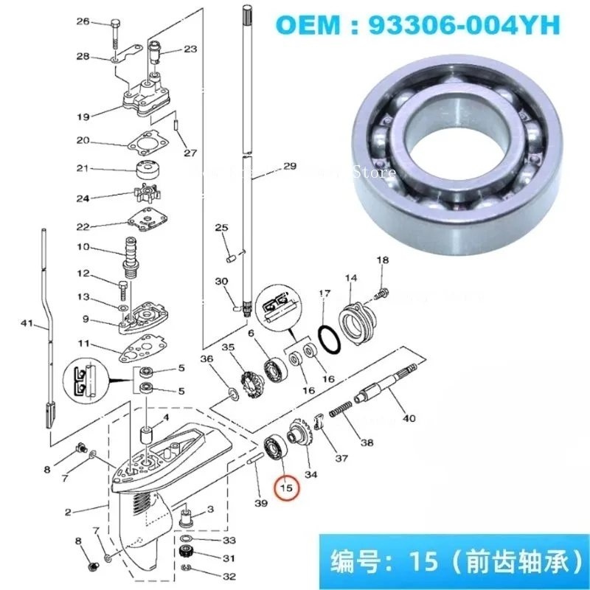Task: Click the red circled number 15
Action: tap(285, 487)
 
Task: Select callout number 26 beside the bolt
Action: tap(104, 22)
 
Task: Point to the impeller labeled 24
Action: tap(150, 196)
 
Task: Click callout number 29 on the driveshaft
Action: tap(289, 167)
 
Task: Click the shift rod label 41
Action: tap(28, 322)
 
